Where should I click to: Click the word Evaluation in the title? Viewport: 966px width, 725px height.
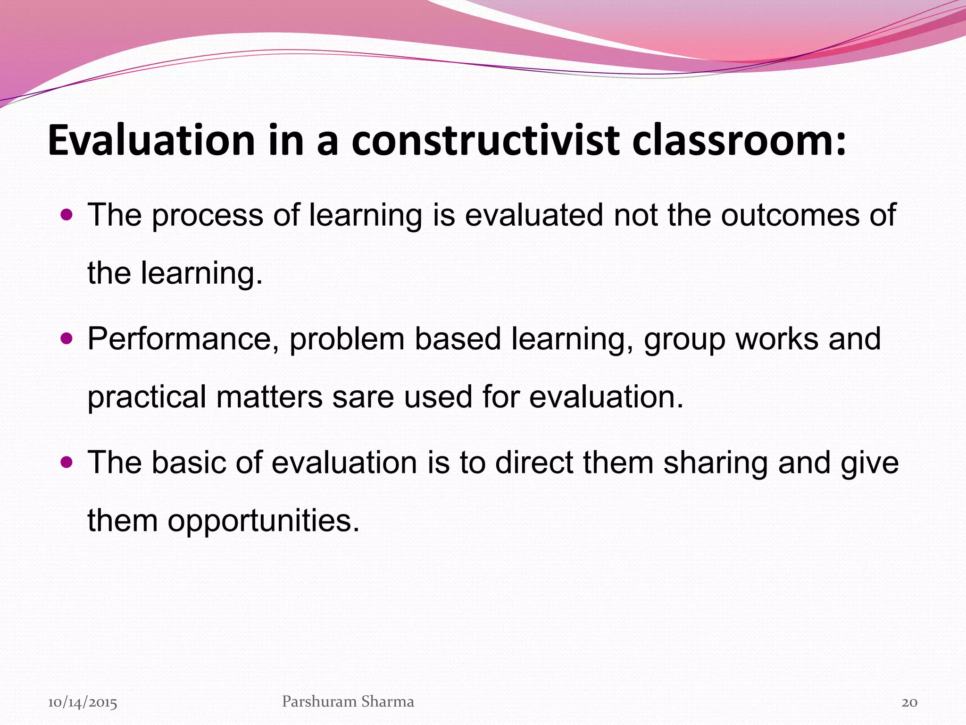[x=151, y=140]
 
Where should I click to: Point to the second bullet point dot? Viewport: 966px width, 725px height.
[x=67, y=339]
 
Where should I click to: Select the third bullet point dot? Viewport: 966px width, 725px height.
[x=67, y=462]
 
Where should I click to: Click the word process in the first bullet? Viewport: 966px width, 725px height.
[x=207, y=216]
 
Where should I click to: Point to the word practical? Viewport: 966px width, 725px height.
[x=147, y=397]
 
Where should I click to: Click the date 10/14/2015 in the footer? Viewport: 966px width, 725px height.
[x=83, y=702]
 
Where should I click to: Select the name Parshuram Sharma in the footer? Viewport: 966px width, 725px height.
[x=348, y=701]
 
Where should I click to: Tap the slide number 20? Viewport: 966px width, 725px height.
[x=909, y=702]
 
